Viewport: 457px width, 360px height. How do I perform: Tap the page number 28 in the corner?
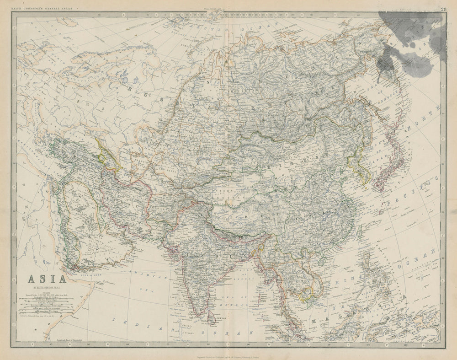click(444, 9)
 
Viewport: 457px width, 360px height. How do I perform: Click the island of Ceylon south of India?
click(211, 316)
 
